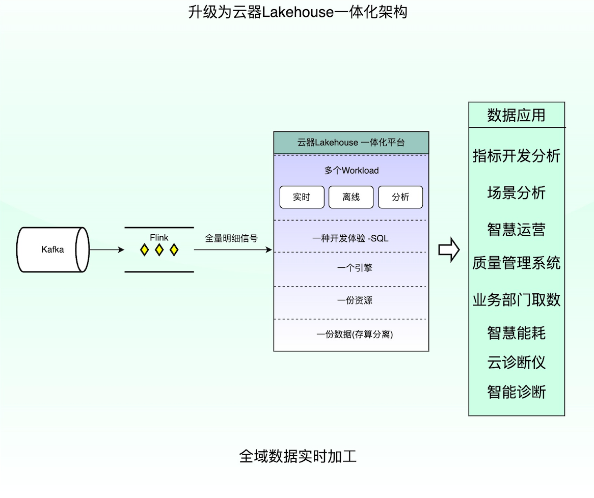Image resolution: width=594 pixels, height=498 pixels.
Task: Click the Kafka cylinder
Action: coord(53,250)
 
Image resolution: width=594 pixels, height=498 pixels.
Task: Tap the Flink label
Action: coord(159,237)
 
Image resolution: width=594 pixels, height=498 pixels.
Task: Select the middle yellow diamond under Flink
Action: coord(159,250)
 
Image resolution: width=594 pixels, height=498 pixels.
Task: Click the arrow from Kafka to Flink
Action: coord(106,250)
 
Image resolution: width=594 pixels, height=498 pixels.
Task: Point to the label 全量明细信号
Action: coord(231,238)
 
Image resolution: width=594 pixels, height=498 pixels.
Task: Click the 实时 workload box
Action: coord(302,197)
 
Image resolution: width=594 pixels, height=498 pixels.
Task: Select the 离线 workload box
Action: coord(351,197)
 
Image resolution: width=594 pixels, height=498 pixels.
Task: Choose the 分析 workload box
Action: coord(400,197)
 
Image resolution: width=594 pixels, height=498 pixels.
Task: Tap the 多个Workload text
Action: coord(351,171)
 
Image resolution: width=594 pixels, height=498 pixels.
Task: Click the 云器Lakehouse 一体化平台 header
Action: coord(351,143)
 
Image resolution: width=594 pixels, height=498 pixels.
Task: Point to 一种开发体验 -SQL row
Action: coord(351,238)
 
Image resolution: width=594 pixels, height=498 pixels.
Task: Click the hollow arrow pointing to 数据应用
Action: coord(449,250)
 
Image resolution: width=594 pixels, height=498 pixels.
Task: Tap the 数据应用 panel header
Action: coord(516,115)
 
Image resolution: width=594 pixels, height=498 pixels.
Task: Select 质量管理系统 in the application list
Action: coord(516,263)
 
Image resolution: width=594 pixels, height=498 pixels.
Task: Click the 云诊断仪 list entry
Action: coord(516,363)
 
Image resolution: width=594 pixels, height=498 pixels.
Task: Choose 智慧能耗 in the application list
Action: coord(516,333)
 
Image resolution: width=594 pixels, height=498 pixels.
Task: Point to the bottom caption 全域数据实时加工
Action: coord(298,456)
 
